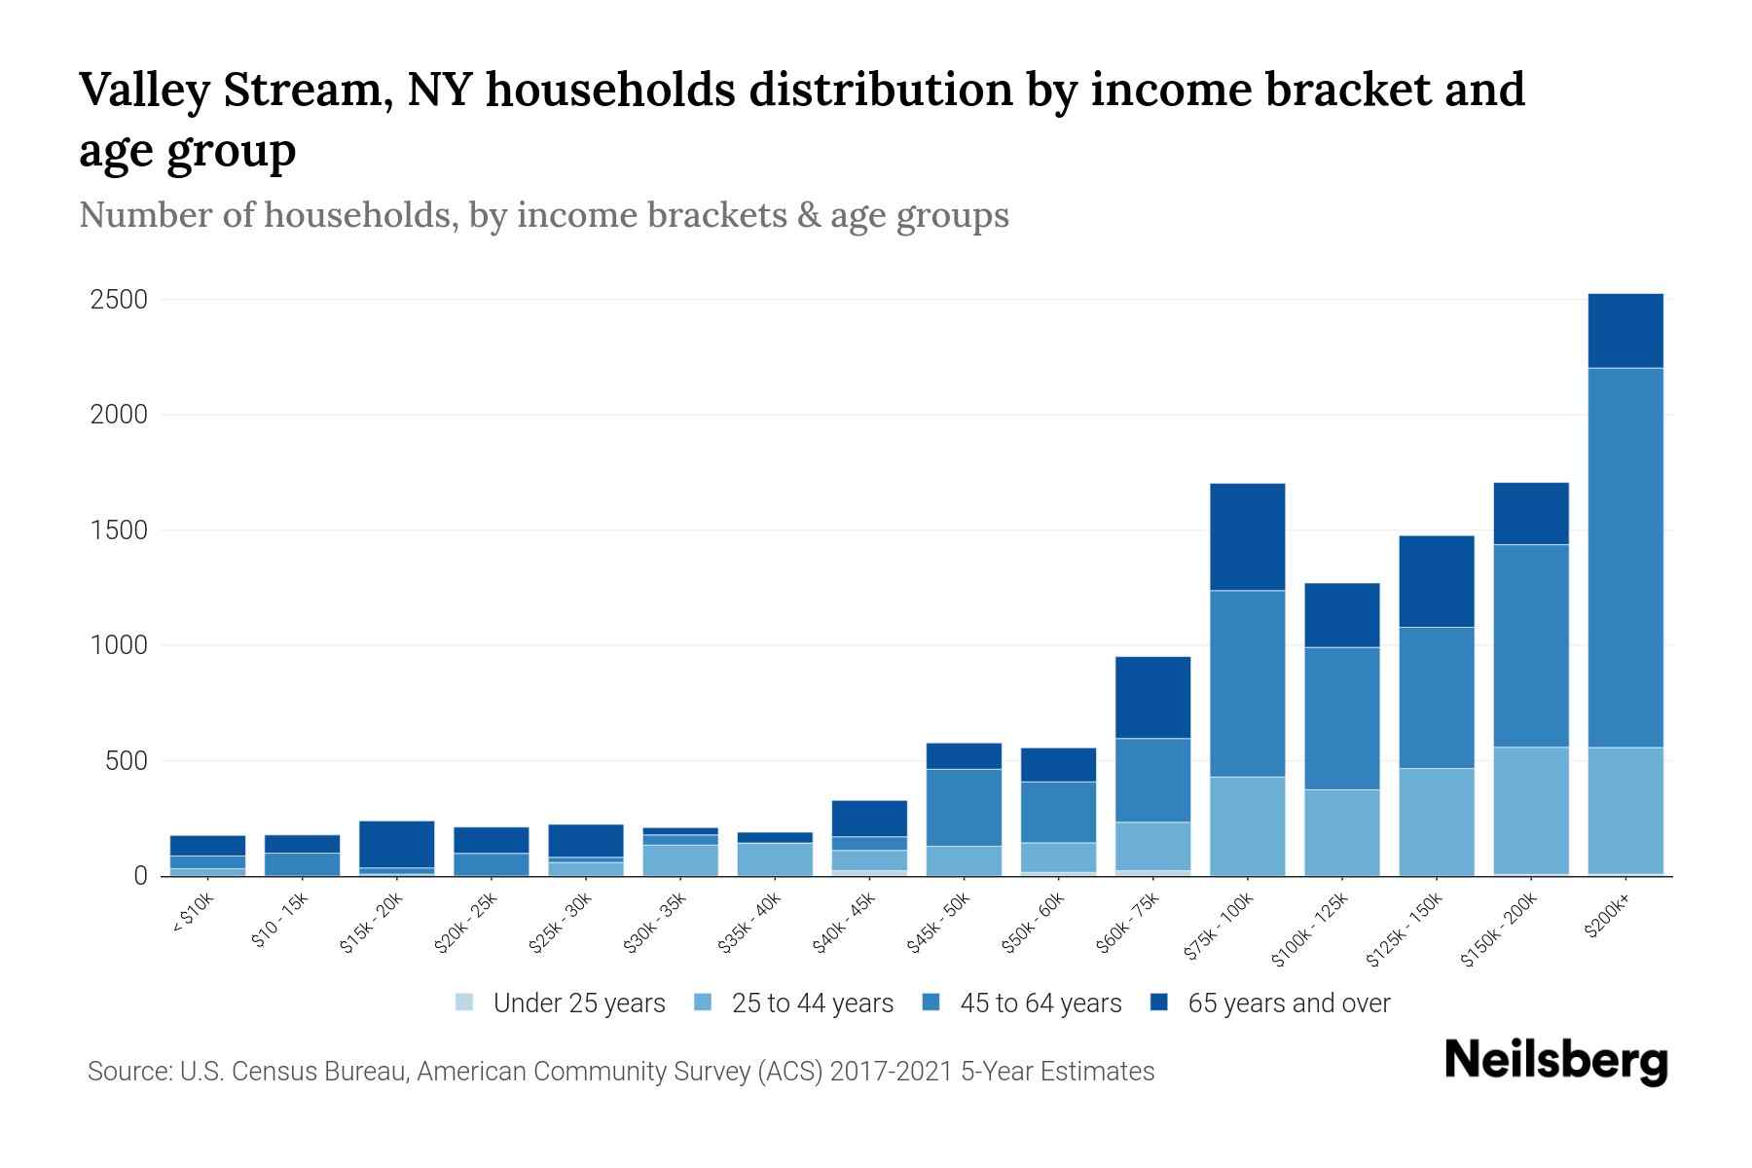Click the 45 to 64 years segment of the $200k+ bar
coord(1624,557)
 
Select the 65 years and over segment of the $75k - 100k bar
coord(1247,536)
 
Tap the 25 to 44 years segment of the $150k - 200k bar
coord(1530,810)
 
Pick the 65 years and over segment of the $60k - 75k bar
coord(1152,697)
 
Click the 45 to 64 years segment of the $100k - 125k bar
coord(1341,717)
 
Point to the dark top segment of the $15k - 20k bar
coord(396,844)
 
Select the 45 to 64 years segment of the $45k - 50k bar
coord(964,807)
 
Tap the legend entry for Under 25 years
coord(561,1004)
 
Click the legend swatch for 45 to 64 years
coord(931,1003)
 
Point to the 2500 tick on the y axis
coord(119,300)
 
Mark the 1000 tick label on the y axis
coord(119,645)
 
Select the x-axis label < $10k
coord(193,916)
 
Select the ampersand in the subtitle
coord(807,215)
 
